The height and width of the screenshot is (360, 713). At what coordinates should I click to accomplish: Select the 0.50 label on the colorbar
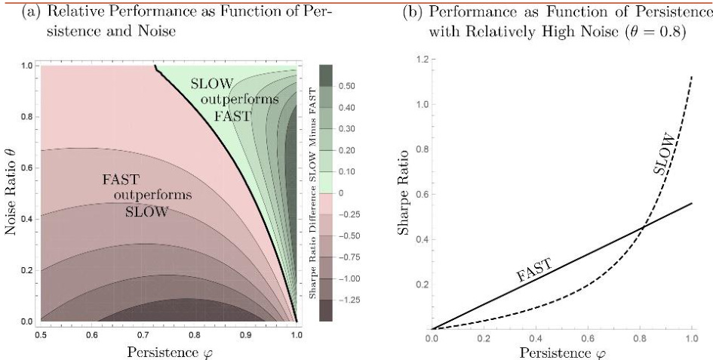pyautogui.click(x=349, y=86)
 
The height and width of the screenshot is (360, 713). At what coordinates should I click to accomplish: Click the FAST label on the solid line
pyautogui.click(x=534, y=269)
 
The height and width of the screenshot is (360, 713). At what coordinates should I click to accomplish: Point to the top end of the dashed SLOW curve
pyautogui.click(x=692, y=75)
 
